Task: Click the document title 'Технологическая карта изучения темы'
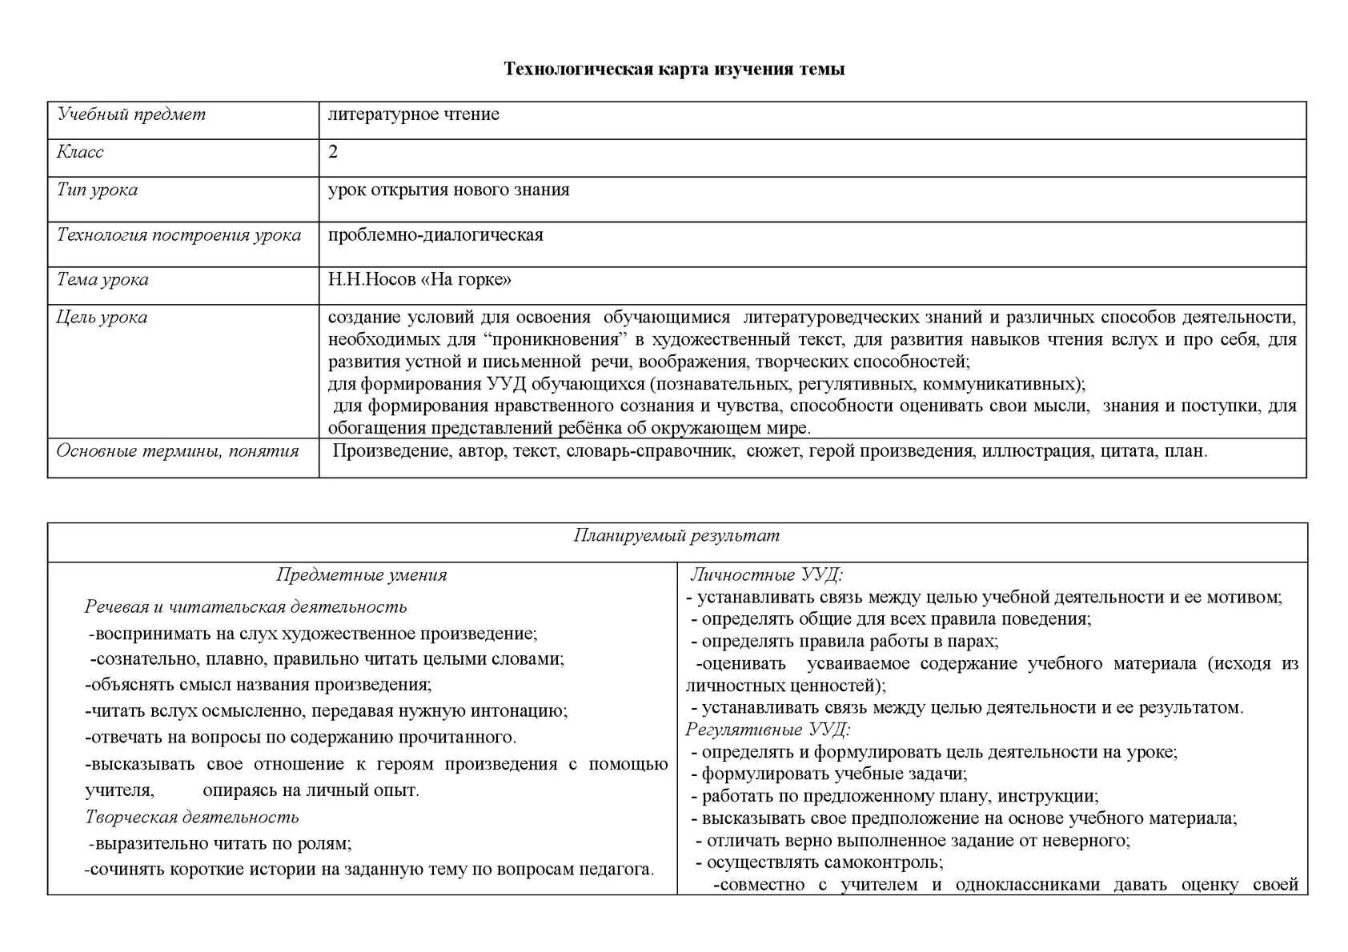coord(674,70)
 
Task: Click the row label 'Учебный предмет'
coord(131,114)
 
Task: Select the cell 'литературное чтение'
coord(413,114)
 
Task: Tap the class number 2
coord(333,152)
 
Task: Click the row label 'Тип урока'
coord(97,190)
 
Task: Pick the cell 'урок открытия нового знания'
coord(448,190)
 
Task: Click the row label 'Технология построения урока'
coord(179,235)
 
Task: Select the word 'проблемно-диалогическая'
coord(435,235)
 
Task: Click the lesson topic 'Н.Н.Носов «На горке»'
coord(419,280)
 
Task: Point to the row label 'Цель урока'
coord(102,318)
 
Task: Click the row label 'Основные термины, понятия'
coord(177,451)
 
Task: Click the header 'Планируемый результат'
coord(676,536)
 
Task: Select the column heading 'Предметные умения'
coord(361,575)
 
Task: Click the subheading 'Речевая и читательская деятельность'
coord(246,607)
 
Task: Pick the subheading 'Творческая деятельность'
coord(192,817)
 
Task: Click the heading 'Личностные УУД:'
coord(766,575)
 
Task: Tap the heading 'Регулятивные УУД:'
coord(768,730)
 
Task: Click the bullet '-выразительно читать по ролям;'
coord(220,843)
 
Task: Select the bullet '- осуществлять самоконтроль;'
coord(819,862)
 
